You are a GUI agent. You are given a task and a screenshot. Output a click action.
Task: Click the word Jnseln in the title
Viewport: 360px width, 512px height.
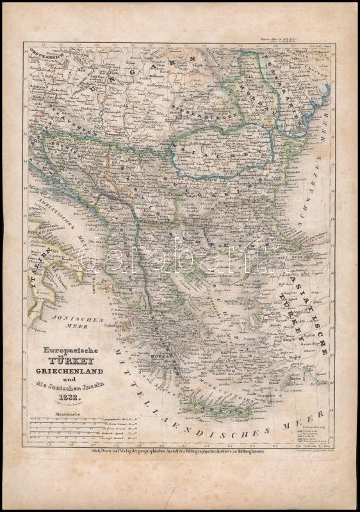(87, 386)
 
